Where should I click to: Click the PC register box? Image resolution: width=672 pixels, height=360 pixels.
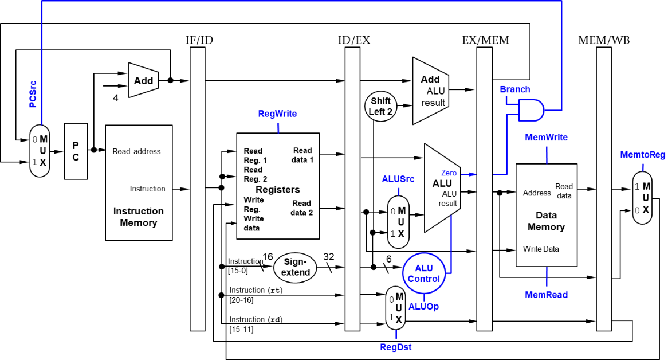point(76,151)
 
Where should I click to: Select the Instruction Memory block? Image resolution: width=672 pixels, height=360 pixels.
point(139,182)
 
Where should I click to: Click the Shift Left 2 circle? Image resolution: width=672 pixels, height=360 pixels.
point(380,106)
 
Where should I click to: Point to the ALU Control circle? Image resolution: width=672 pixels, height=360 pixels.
point(424,273)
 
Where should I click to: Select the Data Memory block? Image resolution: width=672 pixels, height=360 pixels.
point(546,215)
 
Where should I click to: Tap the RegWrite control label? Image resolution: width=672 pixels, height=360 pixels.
point(278,114)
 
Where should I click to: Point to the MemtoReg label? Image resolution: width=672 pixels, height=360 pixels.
point(643,155)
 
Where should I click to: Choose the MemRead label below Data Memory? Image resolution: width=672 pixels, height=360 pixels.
point(547,295)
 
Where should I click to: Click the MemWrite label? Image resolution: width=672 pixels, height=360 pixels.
point(547,138)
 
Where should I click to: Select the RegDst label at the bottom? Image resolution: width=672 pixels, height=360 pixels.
point(396,347)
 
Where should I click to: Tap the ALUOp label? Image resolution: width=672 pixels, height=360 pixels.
point(424,307)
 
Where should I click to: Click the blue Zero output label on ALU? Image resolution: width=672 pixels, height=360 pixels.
point(449,173)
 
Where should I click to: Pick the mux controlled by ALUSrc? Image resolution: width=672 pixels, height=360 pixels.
point(398,222)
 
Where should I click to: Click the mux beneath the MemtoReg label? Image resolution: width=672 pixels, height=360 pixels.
point(642,198)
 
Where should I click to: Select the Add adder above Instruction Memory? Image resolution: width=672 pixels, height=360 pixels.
point(143,80)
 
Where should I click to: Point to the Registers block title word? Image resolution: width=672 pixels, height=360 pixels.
point(278,190)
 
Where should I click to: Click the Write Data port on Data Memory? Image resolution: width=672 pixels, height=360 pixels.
point(541,249)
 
